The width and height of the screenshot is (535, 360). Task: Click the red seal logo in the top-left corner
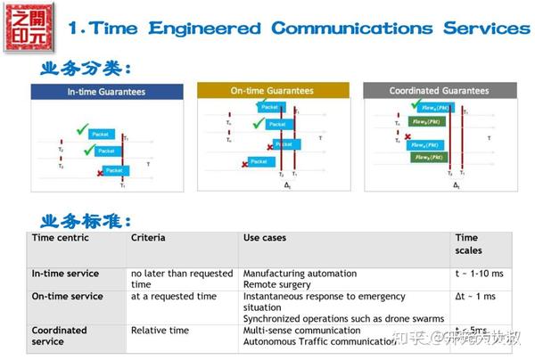[28, 27]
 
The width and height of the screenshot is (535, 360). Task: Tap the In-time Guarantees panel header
[106, 92]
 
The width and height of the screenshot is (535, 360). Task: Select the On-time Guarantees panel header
[272, 90]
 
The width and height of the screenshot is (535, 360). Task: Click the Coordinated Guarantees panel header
[439, 90]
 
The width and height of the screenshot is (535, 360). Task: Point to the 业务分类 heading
[86, 67]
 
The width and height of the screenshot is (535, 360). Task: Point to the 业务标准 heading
[86, 219]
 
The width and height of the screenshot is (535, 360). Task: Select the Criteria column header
[148, 239]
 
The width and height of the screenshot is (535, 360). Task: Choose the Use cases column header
[265, 239]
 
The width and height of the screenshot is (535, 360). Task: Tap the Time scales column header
[467, 244]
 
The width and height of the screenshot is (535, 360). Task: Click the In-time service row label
[65, 274]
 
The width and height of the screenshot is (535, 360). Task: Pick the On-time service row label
[67, 296]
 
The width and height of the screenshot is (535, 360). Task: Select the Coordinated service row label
[60, 335]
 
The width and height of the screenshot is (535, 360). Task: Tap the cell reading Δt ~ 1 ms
[477, 296]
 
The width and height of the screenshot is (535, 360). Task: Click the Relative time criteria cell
[160, 330]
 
